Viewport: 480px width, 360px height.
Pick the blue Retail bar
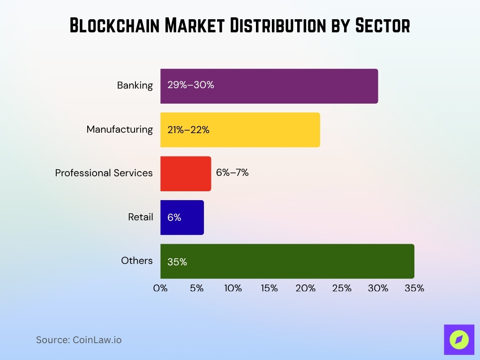pos(187,217)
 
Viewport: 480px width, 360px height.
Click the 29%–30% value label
pos(191,85)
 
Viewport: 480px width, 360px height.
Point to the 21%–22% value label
pos(188,130)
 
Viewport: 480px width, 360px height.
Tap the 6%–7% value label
pos(232,172)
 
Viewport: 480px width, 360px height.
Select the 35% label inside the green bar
pos(177,262)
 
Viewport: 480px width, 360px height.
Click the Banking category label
pos(135,85)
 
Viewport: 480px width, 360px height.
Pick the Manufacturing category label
pos(120,129)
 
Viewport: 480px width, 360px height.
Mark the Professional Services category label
pos(104,173)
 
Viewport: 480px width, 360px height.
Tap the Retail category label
pos(141,217)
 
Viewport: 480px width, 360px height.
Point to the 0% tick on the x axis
pos(160,288)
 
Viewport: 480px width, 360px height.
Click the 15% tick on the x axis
pos(269,288)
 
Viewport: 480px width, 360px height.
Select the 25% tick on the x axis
pos(342,288)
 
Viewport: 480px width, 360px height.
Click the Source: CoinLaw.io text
pos(79,340)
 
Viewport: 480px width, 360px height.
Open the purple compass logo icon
pos(459,340)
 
